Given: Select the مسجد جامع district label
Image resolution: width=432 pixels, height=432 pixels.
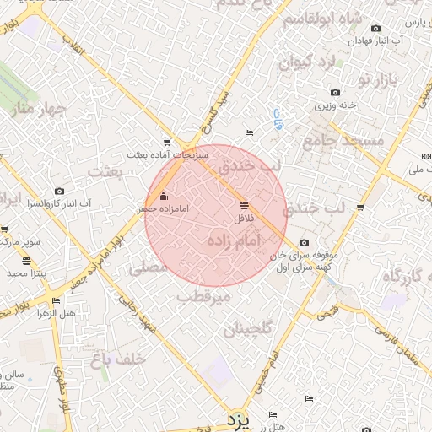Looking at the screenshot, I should pos(332,141).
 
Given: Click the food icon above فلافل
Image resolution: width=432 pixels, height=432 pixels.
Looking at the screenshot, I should pos(244,205).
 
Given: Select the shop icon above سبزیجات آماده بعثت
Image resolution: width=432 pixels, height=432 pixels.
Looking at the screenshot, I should pos(167,143).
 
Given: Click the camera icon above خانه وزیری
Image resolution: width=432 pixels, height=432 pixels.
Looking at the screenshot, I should pos(335,93).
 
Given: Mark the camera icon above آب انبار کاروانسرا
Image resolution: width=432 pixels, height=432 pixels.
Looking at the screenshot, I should pos(59,192).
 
